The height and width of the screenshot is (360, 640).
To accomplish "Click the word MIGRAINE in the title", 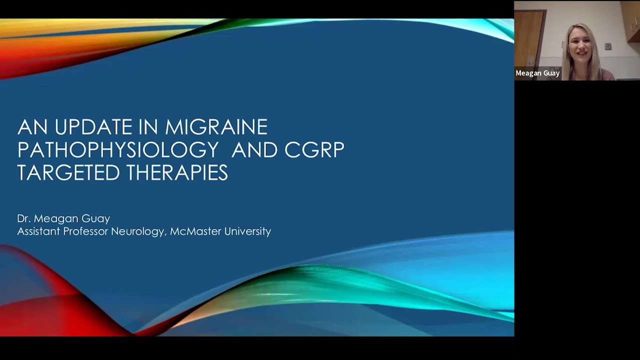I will pos(216,127).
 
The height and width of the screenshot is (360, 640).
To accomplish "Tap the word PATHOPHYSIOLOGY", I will pos(118,149).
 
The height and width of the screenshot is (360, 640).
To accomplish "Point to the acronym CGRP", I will pos(314,149).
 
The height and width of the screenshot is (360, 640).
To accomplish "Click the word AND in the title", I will pos(254,149).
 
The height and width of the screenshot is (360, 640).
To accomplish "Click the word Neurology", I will pos(141,232).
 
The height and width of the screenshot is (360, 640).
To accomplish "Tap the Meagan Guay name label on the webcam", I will pos(537,73).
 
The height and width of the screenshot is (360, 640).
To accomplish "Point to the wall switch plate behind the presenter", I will pos(607,46).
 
